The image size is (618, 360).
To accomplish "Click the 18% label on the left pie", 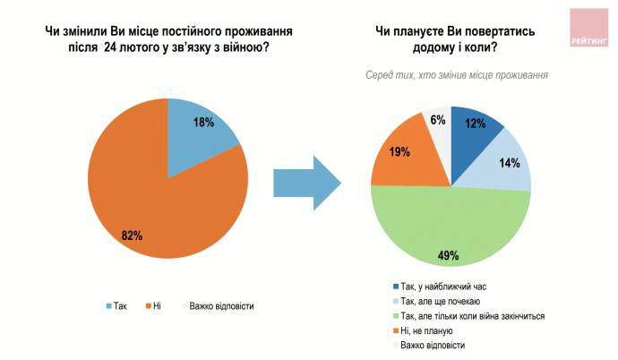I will click(204, 122).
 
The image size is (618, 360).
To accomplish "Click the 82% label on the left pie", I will click(132, 236).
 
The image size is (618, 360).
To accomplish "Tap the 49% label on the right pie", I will click(449, 256).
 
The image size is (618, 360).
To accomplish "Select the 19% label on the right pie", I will click(399, 152).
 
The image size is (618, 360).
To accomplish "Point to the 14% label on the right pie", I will click(508, 163).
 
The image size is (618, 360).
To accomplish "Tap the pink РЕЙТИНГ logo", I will click(589, 26).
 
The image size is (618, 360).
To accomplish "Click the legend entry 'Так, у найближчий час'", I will click(443, 287).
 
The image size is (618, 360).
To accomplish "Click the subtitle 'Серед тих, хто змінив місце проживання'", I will click(457, 75).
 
